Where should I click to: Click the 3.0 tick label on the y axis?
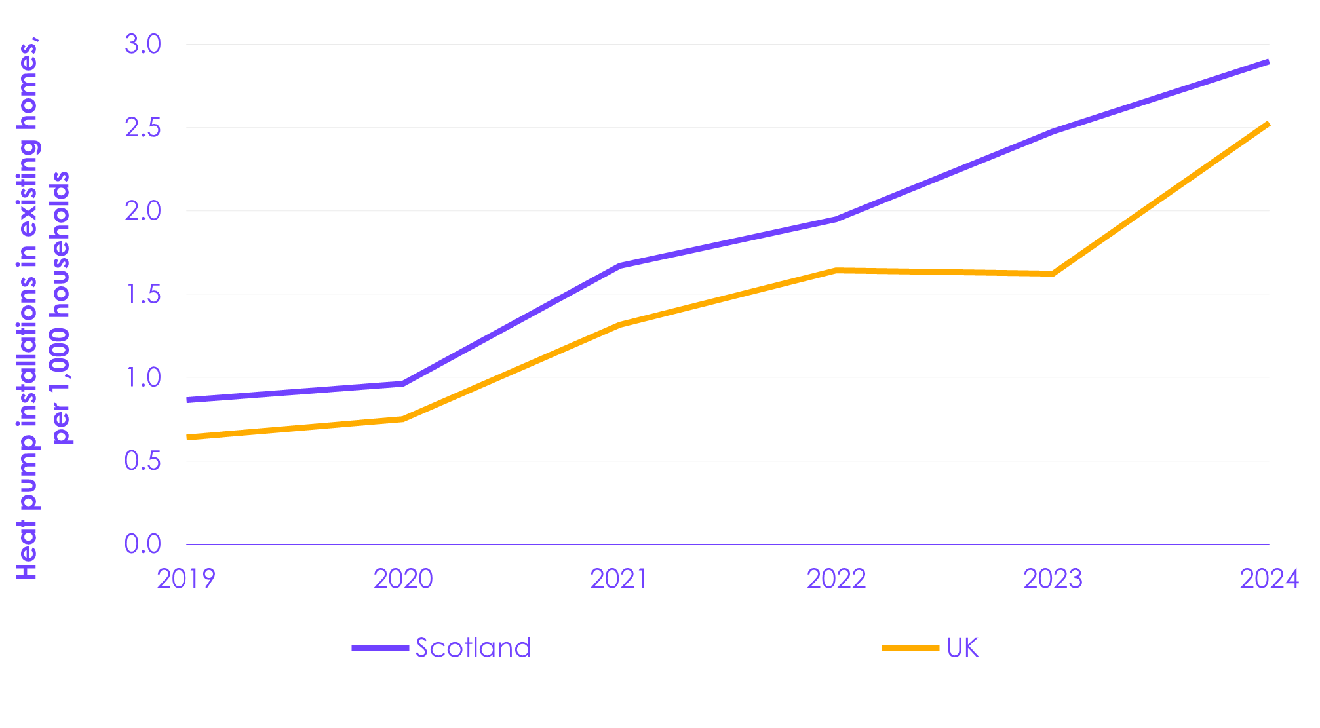pos(142,45)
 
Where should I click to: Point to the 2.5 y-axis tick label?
pos(142,128)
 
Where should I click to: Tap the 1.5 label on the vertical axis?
pos(142,294)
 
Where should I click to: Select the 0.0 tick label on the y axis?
pos(142,544)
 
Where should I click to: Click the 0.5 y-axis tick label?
pos(142,461)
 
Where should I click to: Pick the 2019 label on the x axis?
pos(186,579)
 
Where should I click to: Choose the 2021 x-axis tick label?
pos(619,579)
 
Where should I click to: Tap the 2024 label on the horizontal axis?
pos(1269,579)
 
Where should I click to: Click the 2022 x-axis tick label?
pos(836,579)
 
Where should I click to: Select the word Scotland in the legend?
pos(473,648)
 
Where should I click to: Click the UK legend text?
pos(962,648)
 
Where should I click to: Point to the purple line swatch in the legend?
pos(380,648)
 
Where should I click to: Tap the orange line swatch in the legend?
pos(910,648)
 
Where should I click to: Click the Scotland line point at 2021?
pos(619,266)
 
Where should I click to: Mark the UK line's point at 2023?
pos(1053,273)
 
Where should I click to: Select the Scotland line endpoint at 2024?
pos(1268,62)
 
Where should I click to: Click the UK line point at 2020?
pos(403,419)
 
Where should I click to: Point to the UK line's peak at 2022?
pos(836,270)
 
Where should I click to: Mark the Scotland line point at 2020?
pos(403,383)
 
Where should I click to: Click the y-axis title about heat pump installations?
pos(43,308)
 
